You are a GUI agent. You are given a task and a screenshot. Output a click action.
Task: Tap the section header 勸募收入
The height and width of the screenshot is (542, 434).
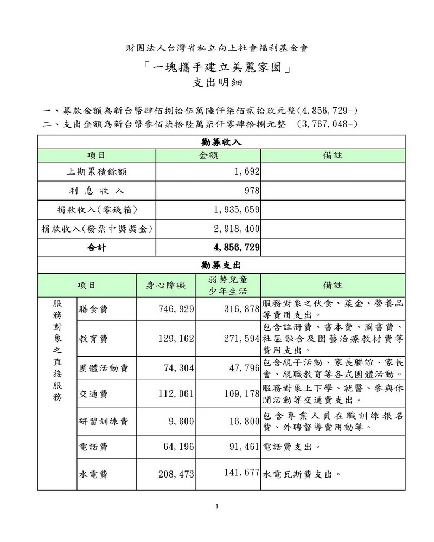click(221, 142)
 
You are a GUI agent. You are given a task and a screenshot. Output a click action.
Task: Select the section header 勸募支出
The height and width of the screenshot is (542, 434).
click(221, 265)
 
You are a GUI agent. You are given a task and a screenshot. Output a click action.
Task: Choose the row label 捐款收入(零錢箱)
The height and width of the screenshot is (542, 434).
click(96, 210)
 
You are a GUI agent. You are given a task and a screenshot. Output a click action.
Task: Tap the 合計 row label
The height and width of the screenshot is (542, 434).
click(97, 248)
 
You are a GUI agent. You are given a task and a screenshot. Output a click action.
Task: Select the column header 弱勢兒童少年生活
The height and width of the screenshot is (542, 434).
click(228, 285)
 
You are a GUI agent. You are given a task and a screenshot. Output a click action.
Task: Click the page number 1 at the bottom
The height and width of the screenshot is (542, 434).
click(217, 507)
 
